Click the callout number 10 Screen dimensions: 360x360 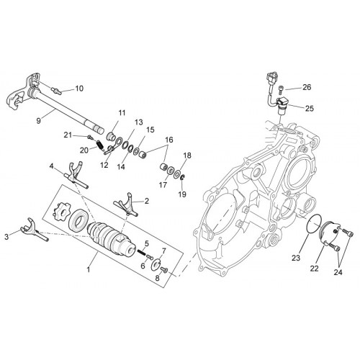coord(79,89)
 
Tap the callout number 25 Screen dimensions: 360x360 coord(310,109)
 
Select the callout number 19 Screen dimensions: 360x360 coord(182,194)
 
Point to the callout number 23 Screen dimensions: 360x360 coord(296,258)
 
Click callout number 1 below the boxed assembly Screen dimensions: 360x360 coord(89,269)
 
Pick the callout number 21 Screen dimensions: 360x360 coord(68,135)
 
